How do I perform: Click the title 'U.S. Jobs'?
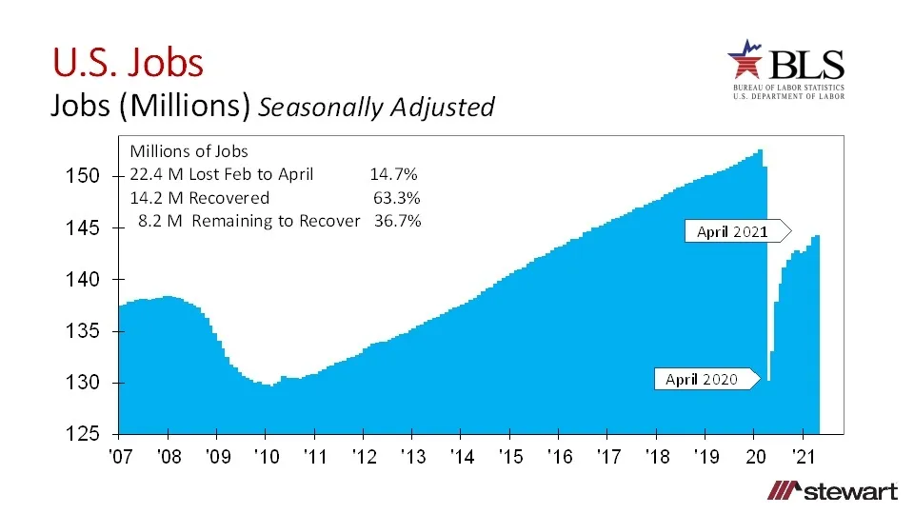pyautogui.click(x=128, y=62)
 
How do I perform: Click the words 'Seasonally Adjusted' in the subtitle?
pyautogui.click(x=376, y=107)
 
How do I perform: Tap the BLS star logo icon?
pyautogui.click(x=746, y=63)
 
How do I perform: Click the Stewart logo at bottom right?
pyautogui.click(x=833, y=491)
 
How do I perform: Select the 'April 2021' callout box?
pyautogui.click(x=732, y=231)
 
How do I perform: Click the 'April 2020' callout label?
pyautogui.click(x=702, y=379)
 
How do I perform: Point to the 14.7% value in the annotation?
pyautogui.click(x=393, y=174)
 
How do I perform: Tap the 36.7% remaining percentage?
pyautogui.click(x=397, y=221)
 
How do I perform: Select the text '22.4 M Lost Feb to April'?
pyautogui.click(x=221, y=174)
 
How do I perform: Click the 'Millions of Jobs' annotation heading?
pyautogui.click(x=189, y=151)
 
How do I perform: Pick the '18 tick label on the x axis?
pyautogui.click(x=657, y=457)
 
